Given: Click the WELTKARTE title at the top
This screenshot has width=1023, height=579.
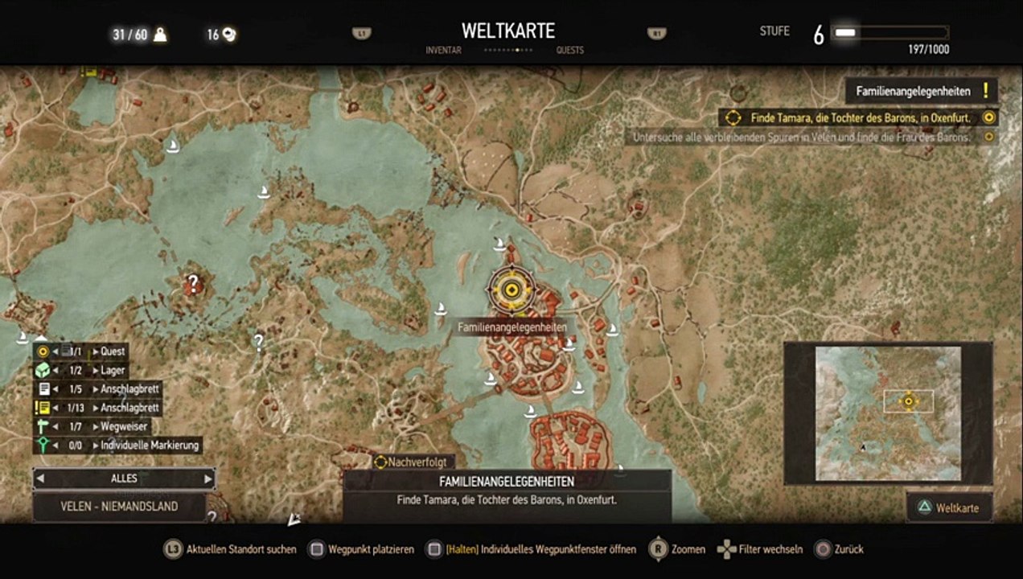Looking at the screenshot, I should pyautogui.click(x=508, y=31).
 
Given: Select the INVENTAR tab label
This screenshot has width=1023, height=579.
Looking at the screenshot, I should pyautogui.click(x=443, y=50).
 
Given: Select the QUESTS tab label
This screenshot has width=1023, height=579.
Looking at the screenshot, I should pyautogui.click(x=569, y=50).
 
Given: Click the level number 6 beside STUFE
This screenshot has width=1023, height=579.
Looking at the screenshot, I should pyautogui.click(x=818, y=35).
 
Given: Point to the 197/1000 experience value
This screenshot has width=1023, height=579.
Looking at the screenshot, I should pyautogui.click(x=928, y=50).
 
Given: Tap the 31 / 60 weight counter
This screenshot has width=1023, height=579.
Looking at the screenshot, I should pyautogui.click(x=129, y=35).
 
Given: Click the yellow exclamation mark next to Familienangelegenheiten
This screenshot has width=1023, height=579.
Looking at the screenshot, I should pyautogui.click(x=985, y=91).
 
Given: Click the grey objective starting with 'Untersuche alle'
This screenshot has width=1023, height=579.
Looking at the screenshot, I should pyautogui.click(x=802, y=137).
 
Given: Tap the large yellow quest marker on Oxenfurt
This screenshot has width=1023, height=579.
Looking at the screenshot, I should pyautogui.click(x=511, y=289).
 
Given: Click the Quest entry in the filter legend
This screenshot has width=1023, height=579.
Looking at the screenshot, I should pyautogui.click(x=113, y=351).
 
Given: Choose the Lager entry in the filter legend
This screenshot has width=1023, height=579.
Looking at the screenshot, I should pyautogui.click(x=113, y=371).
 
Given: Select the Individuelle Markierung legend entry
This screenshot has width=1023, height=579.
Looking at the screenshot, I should pyautogui.click(x=150, y=445).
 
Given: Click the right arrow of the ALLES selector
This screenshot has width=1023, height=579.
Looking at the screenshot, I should pyautogui.click(x=207, y=478).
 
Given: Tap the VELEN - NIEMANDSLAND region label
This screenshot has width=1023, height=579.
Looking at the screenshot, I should pyautogui.click(x=119, y=507).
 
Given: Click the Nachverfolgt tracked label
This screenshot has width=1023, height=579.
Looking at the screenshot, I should pyautogui.click(x=416, y=462).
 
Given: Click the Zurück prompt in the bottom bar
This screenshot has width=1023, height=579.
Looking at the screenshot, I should pyautogui.click(x=848, y=549).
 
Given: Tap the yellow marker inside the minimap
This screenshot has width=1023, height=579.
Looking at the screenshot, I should pyautogui.click(x=909, y=400).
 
